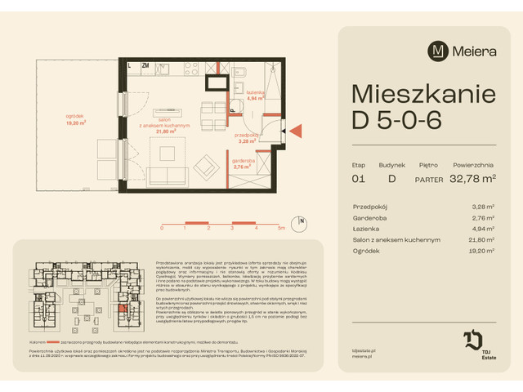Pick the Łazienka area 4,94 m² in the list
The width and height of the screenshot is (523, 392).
click(x=485, y=229)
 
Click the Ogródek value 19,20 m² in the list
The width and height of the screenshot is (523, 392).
click(x=483, y=251)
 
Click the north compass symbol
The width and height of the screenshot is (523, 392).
click(x=302, y=220)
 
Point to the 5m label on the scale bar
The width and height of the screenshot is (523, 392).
click(x=280, y=229)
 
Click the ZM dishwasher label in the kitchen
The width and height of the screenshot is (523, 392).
click(x=145, y=65)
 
